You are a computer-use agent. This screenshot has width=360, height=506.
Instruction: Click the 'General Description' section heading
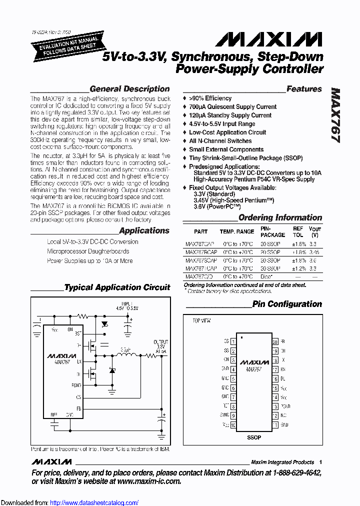(129, 89)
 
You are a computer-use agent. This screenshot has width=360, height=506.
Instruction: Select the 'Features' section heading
(304, 89)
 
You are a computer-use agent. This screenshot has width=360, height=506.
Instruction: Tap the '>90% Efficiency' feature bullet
(210, 98)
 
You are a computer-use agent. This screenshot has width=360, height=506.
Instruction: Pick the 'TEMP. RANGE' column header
(237, 231)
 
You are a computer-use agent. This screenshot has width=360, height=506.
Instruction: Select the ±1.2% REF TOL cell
(298, 268)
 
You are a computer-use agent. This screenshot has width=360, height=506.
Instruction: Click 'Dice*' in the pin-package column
(266, 276)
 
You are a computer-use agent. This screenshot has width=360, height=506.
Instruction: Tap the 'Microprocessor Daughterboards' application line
(88, 251)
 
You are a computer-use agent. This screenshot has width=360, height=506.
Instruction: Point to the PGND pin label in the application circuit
(76, 385)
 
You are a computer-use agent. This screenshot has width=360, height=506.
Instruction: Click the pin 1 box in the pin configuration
(233, 341)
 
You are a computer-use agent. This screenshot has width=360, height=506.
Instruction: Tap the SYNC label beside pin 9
(224, 415)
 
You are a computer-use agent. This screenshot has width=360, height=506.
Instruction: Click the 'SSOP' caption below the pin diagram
(254, 437)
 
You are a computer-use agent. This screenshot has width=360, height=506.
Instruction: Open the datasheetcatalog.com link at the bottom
(94, 502)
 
